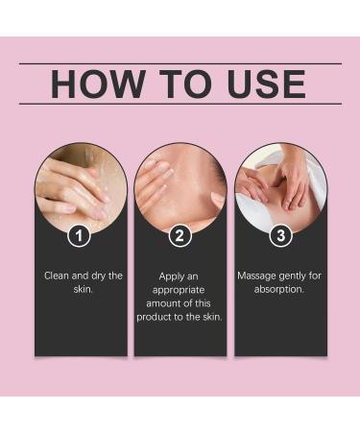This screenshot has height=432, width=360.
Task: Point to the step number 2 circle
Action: (x=180, y=235)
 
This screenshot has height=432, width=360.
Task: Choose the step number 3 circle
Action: (x=279, y=235)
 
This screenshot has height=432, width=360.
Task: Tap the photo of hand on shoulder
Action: (x=180, y=187)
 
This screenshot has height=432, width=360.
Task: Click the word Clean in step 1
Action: (x=59, y=276)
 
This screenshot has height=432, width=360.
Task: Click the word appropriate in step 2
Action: (x=180, y=290)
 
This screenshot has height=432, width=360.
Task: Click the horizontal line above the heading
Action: (x=180, y=63)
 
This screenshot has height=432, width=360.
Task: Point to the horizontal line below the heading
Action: (x=180, y=104)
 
